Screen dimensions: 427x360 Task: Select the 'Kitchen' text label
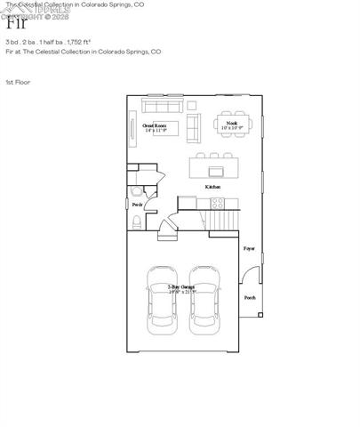coord(212,187)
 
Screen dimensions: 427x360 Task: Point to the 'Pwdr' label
coord(137,205)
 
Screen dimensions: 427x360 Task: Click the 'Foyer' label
coord(249,248)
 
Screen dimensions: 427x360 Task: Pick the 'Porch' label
coord(250,297)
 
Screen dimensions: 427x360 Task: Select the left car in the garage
coord(161,298)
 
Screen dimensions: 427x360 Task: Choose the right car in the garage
coord(204,298)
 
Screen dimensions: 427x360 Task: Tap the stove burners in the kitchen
coord(215,203)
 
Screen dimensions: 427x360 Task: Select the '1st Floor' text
coord(17,83)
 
